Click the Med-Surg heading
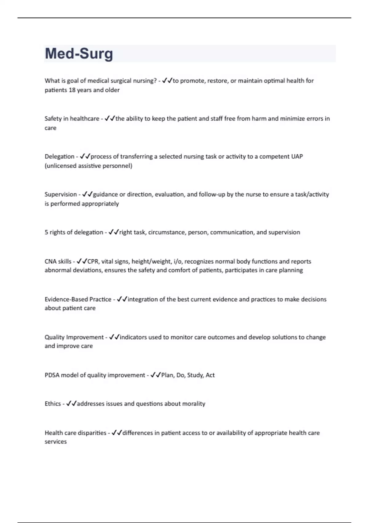tap(79, 54)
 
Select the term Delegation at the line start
tap(59, 157)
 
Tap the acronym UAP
tap(297, 157)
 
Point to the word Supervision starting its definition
tap(61, 194)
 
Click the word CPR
tap(93, 261)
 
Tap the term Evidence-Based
tap(66, 299)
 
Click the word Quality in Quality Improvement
tap(54, 337)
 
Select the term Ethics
tap(53, 404)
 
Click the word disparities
tap(92, 433)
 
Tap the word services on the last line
tap(56, 442)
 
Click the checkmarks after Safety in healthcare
tap(110, 118)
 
